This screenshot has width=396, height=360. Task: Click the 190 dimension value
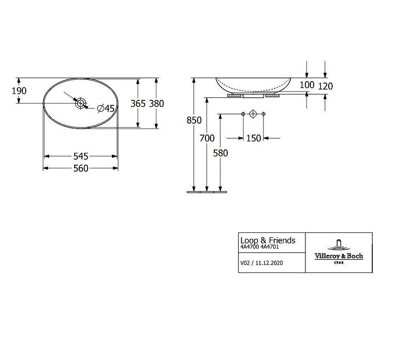point(19,91)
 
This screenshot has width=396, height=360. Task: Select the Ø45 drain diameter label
point(106,108)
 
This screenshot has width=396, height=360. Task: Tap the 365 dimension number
point(138,103)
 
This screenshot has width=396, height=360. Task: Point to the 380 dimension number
point(156,103)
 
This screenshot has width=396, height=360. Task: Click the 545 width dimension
point(81,156)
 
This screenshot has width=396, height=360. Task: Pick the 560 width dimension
point(81,168)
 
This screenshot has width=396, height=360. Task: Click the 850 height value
point(194,120)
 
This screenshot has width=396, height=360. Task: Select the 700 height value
point(207,138)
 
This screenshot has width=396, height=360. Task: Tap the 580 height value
point(220,153)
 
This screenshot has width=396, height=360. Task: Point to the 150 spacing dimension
point(253,138)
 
